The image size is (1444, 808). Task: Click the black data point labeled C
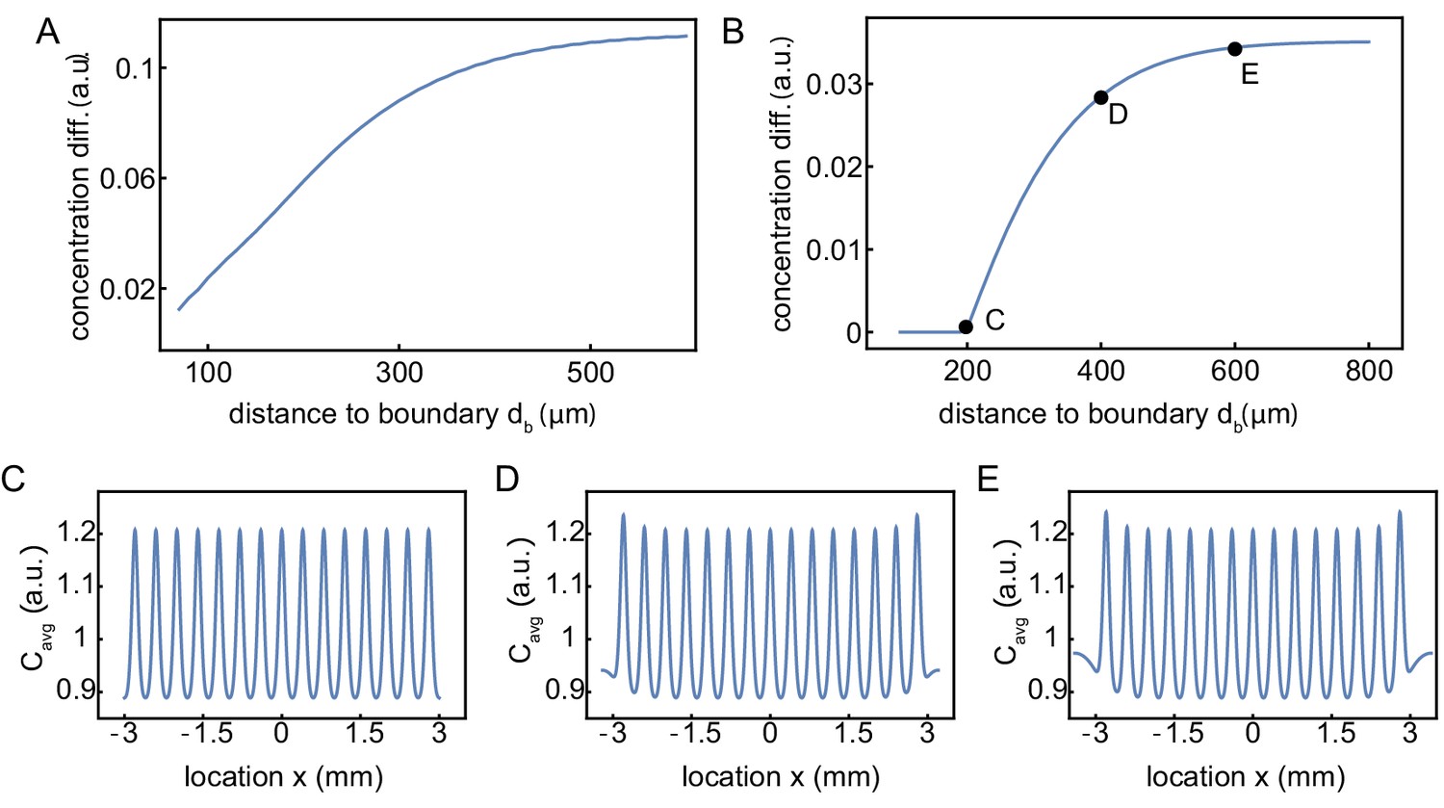[x=966, y=326]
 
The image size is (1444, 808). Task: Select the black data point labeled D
[x=1100, y=97]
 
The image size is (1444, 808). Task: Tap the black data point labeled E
[x=1234, y=49]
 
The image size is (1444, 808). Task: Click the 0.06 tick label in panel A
[x=142, y=178]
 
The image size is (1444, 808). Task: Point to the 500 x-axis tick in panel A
[x=590, y=373]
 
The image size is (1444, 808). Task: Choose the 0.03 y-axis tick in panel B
[x=834, y=84]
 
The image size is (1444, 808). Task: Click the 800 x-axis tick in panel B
[x=1368, y=371]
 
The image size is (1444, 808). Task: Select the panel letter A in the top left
[x=47, y=33]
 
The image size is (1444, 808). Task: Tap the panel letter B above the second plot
[x=733, y=33]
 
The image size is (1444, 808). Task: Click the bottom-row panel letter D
[x=507, y=479]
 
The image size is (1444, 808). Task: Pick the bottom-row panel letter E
[x=988, y=479]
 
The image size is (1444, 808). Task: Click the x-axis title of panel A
[x=412, y=415]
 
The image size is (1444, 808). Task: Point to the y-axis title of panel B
[x=782, y=185]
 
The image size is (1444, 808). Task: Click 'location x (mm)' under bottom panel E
[x=1246, y=776]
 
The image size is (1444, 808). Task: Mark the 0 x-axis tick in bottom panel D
[x=770, y=734]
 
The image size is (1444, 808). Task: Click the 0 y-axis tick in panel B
[x=853, y=332]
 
